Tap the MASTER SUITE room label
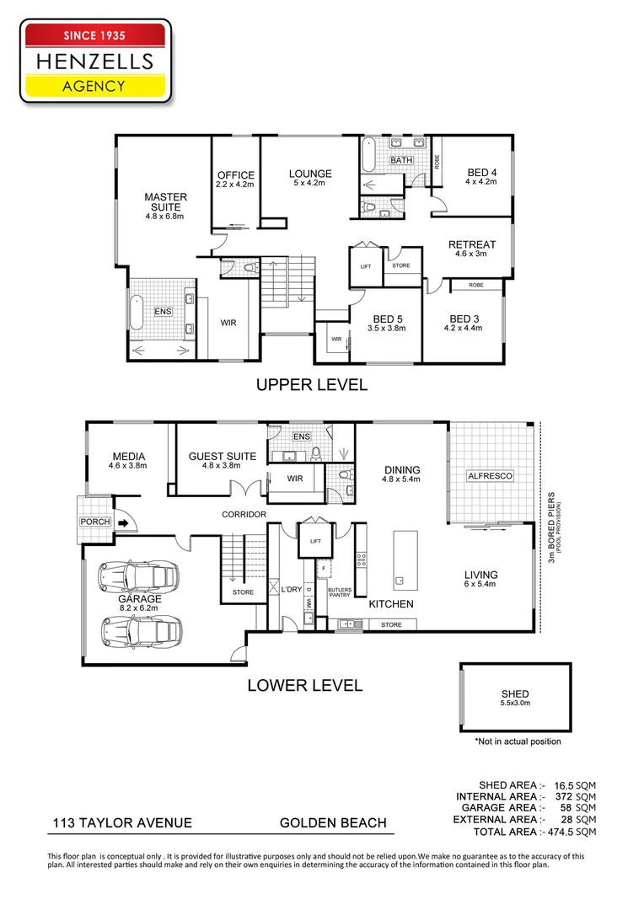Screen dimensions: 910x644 pyautogui.click(x=165, y=202)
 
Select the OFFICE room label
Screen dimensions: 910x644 pyautogui.click(x=234, y=175)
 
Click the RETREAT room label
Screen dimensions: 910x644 pyautogui.click(x=471, y=244)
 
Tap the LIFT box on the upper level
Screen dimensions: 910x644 pyautogui.click(x=366, y=265)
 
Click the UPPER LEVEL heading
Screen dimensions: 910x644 pyautogui.click(x=312, y=385)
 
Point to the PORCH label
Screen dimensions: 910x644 pyautogui.click(x=94, y=522)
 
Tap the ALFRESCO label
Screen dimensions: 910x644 pyautogui.click(x=490, y=476)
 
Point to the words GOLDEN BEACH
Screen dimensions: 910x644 pyautogui.click(x=333, y=823)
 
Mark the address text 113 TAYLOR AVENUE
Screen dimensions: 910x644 pyautogui.click(x=122, y=823)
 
